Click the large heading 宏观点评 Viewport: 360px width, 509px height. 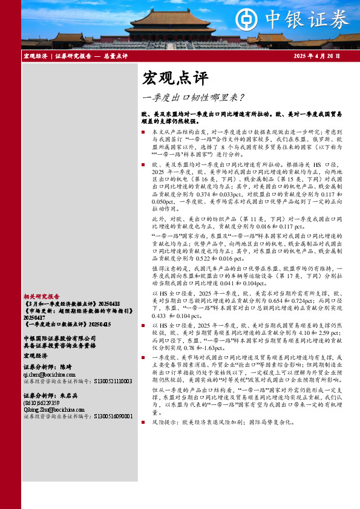[x=166, y=78]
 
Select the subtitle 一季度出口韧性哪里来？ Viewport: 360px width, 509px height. [x=193, y=97]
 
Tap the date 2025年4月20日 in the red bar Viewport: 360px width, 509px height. [x=316, y=56]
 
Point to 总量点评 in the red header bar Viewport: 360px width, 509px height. [x=115, y=56]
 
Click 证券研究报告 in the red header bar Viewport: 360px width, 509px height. [x=73, y=56]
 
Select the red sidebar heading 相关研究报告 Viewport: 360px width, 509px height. [x=41, y=297]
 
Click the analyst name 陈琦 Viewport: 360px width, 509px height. [x=66, y=368]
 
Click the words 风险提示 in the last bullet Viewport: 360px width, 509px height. [x=162, y=422]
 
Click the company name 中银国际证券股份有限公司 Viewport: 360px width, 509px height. [x=59, y=337]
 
